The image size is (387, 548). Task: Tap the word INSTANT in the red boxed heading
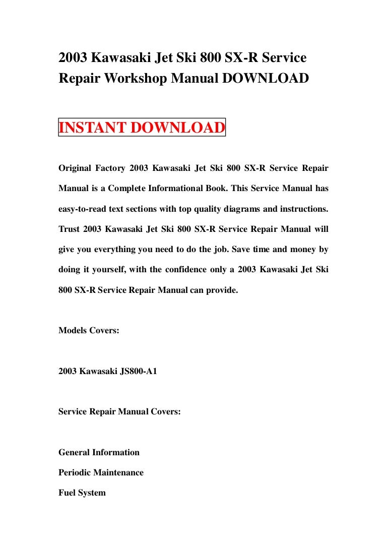coord(94,128)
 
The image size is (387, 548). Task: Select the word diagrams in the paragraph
coord(240,209)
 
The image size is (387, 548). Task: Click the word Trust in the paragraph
coord(69,229)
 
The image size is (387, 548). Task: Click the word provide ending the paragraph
coord(220,290)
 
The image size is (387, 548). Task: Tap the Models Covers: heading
coord(89,331)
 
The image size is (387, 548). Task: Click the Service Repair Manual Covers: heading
coord(119,412)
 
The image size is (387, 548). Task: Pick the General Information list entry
coord(99,453)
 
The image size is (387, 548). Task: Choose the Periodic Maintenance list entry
coord(101,473)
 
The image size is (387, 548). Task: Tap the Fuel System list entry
coord(82,493)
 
